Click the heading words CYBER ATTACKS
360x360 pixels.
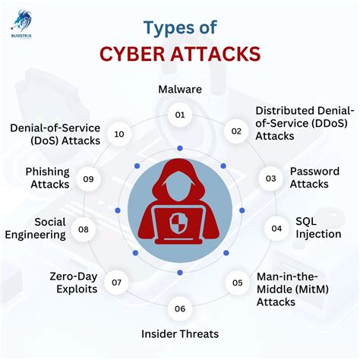click(x=179, y=55)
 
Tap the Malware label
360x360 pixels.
click(x=180, y=90)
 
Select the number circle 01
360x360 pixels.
click(x=180, y=115)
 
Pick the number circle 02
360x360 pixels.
click(x=236, y=131)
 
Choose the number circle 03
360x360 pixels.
click(x=270, y=179)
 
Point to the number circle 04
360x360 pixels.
click(x=277, y=228)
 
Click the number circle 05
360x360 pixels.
click(x=237, y=283)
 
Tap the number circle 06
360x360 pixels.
click(x=180, y=308)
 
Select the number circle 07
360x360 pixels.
click(x=116, y=283)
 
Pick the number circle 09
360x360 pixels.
click(x=89, y=179)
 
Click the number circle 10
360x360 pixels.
click(x=119, y=134)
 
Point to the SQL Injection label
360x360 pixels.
click(x=317, y=228)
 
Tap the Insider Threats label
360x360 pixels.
click(x=180, y=333)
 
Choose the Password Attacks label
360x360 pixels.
click(x=310, y=178)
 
